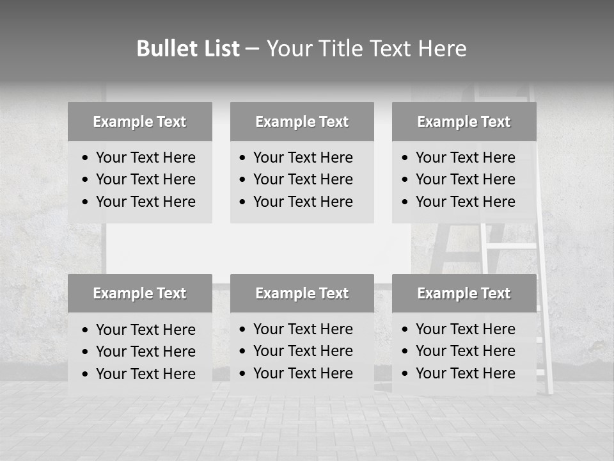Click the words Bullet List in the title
[x=188, y=49]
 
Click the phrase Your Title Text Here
[x=366, y=49]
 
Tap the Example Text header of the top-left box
[x=139, y=122]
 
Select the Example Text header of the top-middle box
[x=302, y=122]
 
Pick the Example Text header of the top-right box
[x=464, y=122]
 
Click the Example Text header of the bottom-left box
[x=139, y=293]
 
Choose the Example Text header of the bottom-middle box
[x=302, y=293]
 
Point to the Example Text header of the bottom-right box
[x=464, y=293]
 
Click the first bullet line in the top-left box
[x=145, y=158]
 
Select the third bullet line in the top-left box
[x=145, y=202]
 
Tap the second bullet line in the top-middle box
[x=303, y=179]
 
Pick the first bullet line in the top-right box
[x=465, y=158]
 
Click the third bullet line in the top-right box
[x=465, y=202]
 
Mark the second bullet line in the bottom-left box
[x=145, y=352]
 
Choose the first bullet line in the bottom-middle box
[x=303, y=329]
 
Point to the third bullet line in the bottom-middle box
[x=303, y=373]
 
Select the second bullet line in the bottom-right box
[x=465, y=351]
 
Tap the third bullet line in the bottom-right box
[x=465, y=373]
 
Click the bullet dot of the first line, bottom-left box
[x=86, y=330]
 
